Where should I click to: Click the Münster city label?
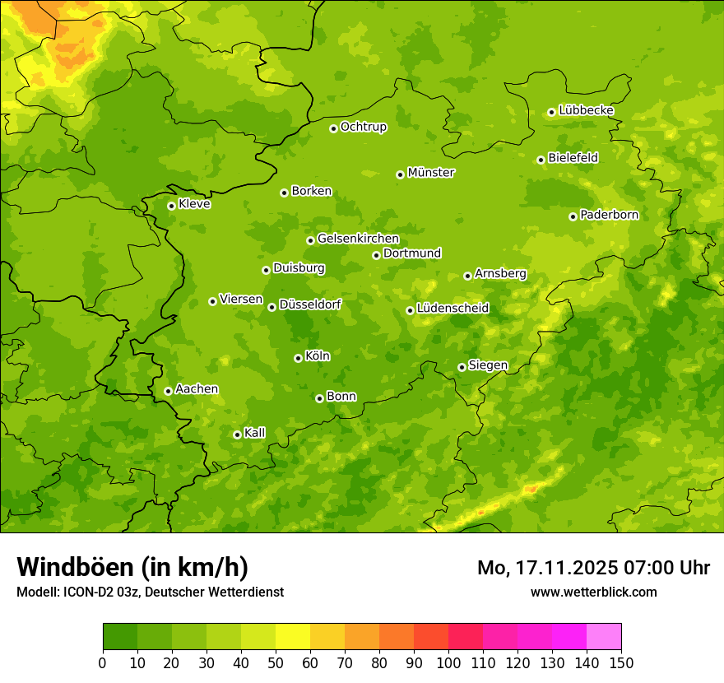click(431, 173)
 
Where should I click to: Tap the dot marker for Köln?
click(298, 358)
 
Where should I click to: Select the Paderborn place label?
click(609, 215)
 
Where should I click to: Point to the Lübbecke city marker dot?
click(551, 112)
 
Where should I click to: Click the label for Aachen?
click(197, 389)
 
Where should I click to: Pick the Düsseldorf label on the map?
click(310, 304)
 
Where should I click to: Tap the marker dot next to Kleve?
click(171, 206)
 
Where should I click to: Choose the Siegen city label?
click(488, 365)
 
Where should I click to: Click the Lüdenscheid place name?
click(452, 309)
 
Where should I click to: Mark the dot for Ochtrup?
click(333, 128)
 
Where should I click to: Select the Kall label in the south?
click(255, 433)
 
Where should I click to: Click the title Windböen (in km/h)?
click(132, 567)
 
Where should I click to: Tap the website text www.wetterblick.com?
click(593, 592)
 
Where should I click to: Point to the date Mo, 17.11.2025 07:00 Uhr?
click(593, 568)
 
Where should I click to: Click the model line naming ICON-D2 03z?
click(150, 592)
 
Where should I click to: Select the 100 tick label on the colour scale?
click(448, 662)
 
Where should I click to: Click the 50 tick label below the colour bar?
click(276, 662)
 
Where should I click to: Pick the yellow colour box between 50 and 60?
click(293, 637)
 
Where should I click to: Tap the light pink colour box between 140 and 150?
click(604, 637)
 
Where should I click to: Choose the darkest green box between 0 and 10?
click(120, 637)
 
